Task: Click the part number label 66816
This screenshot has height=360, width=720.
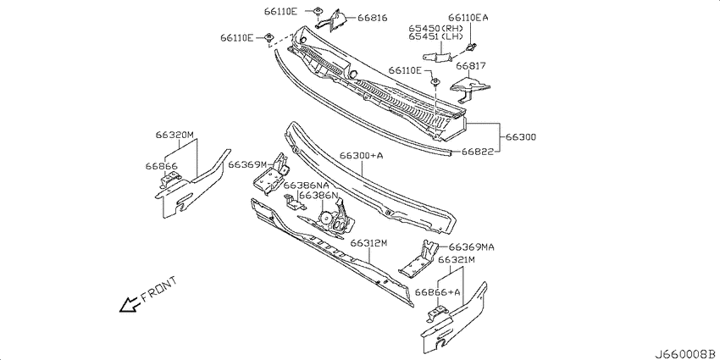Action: pyautogui.click(x=373, y=18)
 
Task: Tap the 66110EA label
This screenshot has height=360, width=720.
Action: pyautogui.click(x=468, y=18)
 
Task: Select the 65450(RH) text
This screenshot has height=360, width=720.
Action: pyautogui.click(x=435, y=28)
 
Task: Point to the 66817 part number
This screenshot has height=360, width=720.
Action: pyautogui.click(x=471, y=66)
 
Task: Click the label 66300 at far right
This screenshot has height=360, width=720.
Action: pyautogui.click(x=521, y=137)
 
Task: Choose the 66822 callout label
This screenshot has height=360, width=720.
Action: pyautogui.click(x=478, y=151)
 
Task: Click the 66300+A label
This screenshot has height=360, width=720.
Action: pyautogui.click(x=362, y=156)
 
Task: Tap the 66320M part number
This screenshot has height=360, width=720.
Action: pyautogui.click(x=174, y=135)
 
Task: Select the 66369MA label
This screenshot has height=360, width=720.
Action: pyautogui.click(x=472, y=247)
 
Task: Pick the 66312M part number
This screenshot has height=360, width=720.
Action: pyautogui.click(x=369, y=243)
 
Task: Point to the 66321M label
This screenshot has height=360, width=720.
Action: pyautogui.click(x=456, y=260)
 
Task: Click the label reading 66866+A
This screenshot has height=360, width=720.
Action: pyautogui.click(x=438, y=292)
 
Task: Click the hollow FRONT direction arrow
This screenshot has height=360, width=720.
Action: pyautogui.click(x=129, y=303)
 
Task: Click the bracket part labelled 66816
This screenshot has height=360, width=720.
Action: pyautogui.click(x=335, y=19)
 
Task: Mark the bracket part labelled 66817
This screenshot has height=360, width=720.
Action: pyautogui.click(x=468, y=89)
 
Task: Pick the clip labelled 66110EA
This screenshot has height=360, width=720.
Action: pyautogui.click(x=470, y=46)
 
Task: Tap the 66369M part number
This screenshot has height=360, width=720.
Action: pyautogui.click(x=247, y=164)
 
